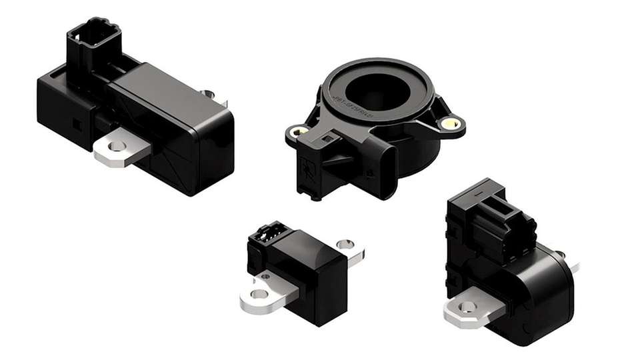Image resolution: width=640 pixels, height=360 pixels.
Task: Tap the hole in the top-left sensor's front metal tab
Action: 117,145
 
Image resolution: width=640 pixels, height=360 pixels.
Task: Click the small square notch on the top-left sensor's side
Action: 77,124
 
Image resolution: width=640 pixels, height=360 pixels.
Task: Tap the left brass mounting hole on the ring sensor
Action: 299,131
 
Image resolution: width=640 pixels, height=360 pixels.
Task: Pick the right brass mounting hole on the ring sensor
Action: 451,123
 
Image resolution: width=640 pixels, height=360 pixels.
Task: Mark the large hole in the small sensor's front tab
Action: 260,294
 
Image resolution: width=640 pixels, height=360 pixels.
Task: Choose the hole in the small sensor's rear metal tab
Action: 345,245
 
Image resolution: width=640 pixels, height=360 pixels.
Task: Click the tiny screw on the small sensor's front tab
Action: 265,275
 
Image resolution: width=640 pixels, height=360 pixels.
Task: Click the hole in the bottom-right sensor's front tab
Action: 468,307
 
